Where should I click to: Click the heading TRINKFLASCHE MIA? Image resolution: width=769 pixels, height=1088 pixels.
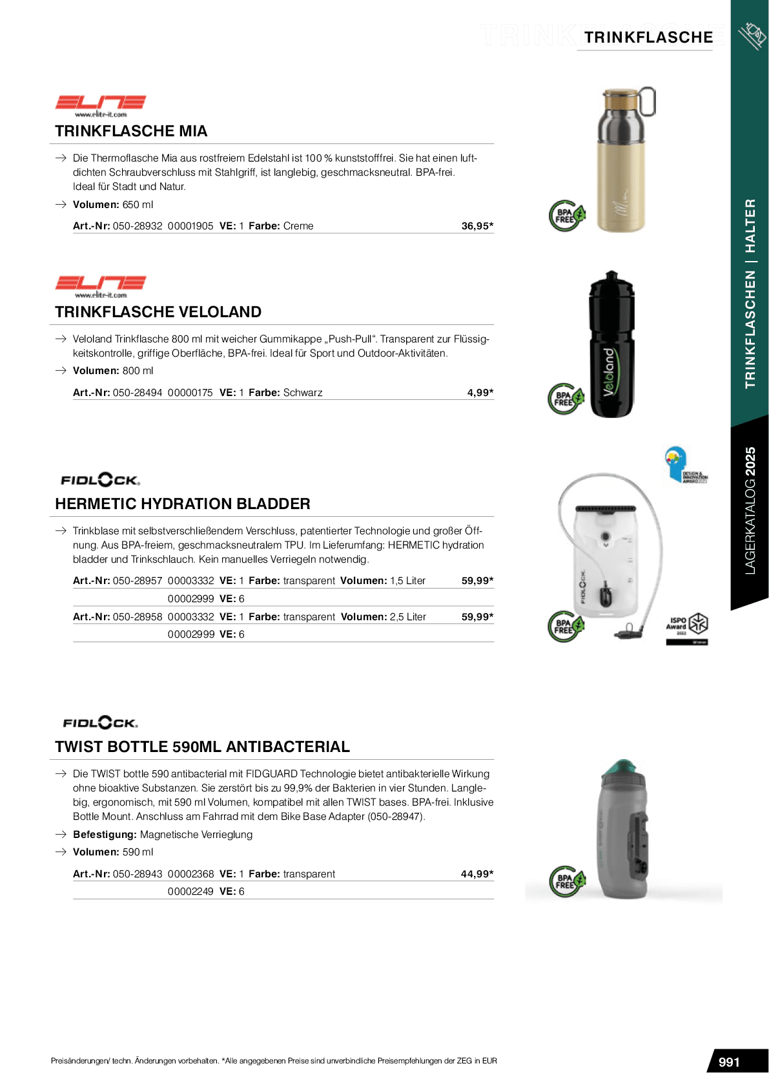(131, 131)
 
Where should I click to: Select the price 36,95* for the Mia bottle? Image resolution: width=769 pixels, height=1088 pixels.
(477, 226)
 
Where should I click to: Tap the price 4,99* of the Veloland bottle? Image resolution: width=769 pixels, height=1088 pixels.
(480, 393)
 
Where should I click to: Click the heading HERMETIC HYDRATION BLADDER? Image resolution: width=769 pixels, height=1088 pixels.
(183, 504)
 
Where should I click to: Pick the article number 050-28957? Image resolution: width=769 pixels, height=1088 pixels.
(138, 581)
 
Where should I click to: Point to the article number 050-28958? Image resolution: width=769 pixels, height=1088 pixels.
(138, 617)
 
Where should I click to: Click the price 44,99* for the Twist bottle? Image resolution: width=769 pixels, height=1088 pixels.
(477, 874)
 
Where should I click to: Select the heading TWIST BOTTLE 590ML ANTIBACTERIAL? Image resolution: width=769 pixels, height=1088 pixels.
(202, 747)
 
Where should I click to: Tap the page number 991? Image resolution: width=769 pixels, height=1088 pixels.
(729, 1062)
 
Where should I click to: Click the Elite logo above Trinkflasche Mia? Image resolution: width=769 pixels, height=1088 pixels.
(101, 105)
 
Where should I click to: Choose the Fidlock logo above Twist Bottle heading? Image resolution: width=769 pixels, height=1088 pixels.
(101, 723)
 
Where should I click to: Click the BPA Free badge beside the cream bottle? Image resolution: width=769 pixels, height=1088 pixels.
(566, 216)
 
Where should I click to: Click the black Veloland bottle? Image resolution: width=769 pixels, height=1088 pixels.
(611, 346)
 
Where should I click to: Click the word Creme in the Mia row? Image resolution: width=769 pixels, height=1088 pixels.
(298, 226)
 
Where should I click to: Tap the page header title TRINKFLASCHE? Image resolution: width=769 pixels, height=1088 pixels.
(648, 37)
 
